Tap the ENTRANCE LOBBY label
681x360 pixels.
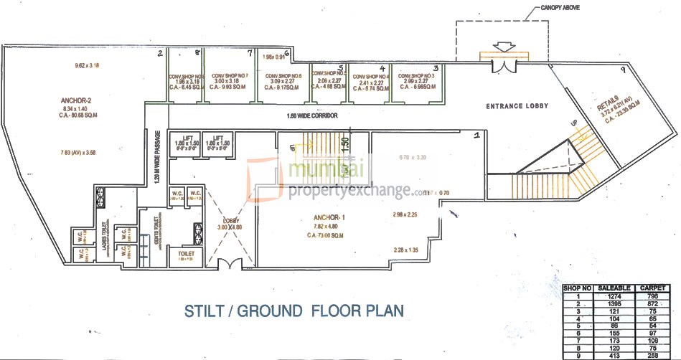(x=517, y=106)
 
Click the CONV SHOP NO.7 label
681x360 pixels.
(x=229, y=76)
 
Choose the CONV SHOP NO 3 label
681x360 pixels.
(x=416, y=76)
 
